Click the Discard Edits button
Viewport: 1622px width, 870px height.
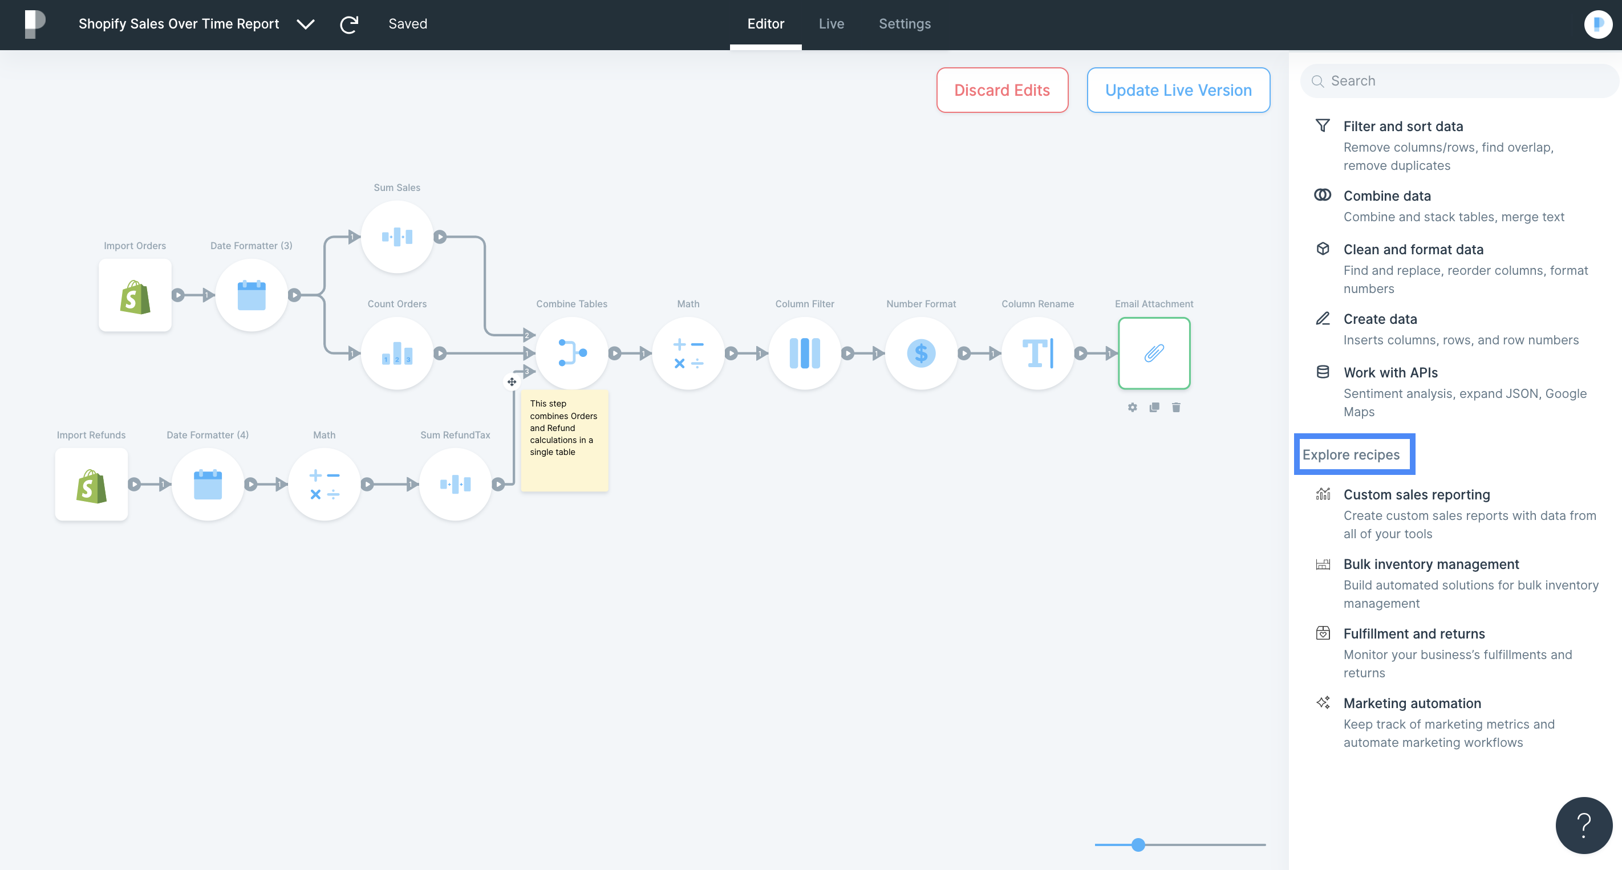1002,90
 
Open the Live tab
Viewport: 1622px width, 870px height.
831,24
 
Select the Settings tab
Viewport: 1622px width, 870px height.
904,24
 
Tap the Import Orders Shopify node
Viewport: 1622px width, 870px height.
135,295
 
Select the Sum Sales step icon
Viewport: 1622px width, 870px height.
397,237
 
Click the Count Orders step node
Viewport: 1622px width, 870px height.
397,353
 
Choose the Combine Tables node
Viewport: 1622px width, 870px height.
571,353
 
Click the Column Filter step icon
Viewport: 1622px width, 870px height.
805,353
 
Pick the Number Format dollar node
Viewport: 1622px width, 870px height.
921,353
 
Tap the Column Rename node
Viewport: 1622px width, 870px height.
1037,353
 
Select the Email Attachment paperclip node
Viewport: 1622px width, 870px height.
1154,353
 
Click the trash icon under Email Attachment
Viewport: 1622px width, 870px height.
1176,407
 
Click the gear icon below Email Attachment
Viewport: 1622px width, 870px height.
1132,407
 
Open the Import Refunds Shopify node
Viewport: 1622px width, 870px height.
91,484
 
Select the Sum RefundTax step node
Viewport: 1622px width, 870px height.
455,484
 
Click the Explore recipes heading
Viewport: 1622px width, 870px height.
1351,454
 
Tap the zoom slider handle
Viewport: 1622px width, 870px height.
1138,845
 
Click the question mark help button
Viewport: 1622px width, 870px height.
1584,824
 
